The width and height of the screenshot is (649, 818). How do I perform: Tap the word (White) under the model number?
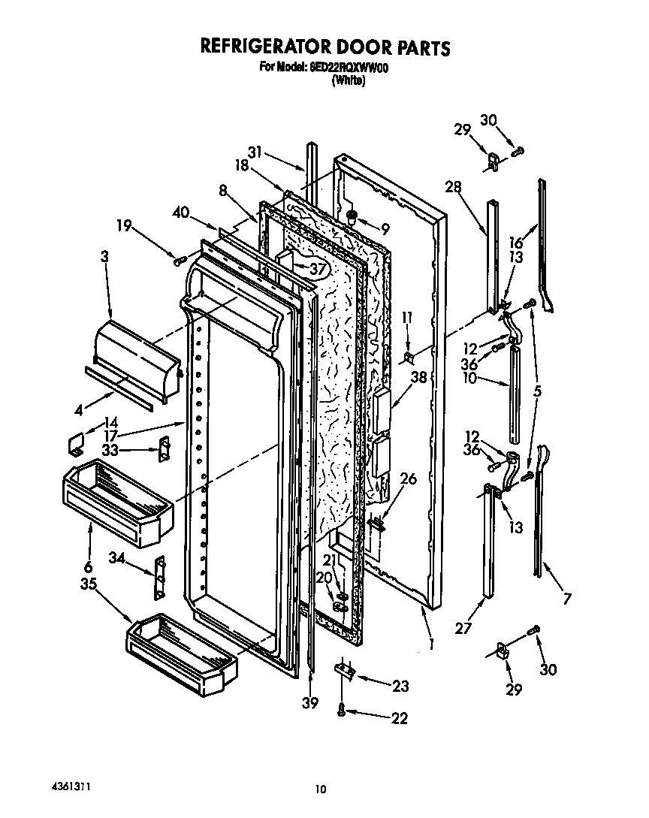click(349, 81)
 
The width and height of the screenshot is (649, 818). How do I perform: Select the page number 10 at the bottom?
click(321, 789)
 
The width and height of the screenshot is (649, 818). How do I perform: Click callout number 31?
click(256, 152)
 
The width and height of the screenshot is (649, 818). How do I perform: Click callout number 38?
click(418, 379)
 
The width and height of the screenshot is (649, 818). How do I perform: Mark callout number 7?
click(566, 599)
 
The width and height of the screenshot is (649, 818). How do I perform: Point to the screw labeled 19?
click(179, 260)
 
